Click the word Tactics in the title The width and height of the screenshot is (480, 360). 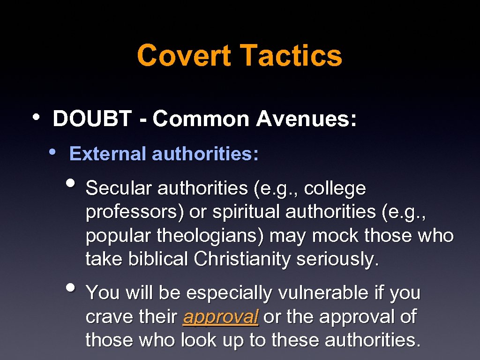tap(291, 55)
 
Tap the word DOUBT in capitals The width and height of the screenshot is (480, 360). tap(92, 119)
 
